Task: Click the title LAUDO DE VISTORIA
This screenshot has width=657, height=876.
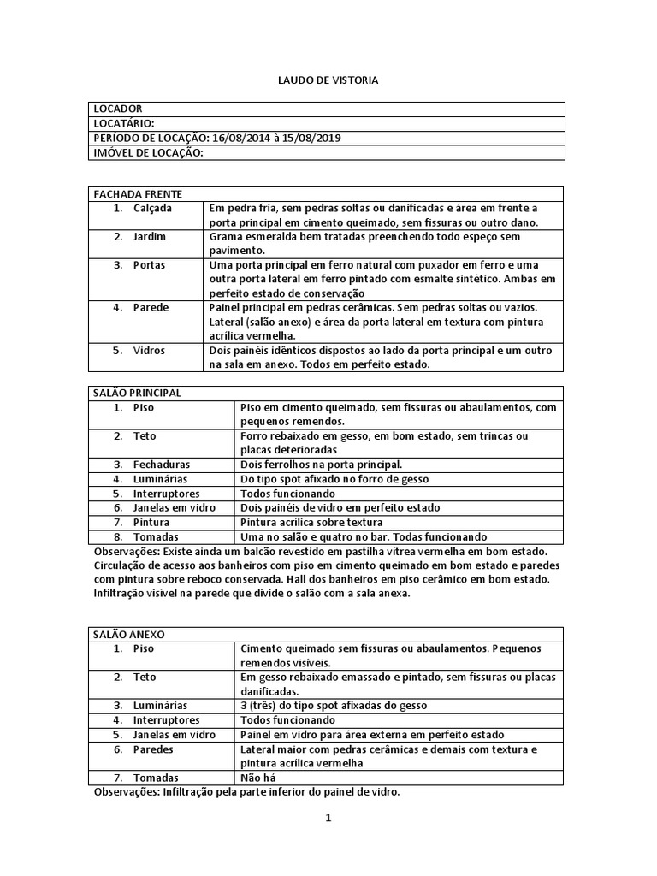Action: tap(328, 80)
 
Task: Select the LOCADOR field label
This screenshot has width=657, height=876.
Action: tap(117, 109)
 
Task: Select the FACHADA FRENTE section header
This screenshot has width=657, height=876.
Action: tap(137, 194)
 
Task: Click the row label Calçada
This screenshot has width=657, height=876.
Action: tap(152, 208)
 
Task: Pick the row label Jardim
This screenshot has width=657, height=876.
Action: tap(149, 236)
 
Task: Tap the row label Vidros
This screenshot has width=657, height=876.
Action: tap(149, 351)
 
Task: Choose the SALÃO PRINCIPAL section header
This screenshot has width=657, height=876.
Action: tap(137, 393)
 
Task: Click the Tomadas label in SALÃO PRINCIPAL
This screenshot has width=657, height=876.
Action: tap(156, 536)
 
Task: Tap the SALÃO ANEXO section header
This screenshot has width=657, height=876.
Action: tap(128, 635)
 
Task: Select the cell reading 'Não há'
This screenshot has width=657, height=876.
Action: tap(258, 778)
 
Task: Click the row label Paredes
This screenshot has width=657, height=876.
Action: tap(153, 749)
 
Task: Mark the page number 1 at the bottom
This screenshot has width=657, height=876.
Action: tap(327, 818)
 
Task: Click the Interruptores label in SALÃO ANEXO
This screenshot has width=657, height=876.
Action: tap(166, 720)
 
